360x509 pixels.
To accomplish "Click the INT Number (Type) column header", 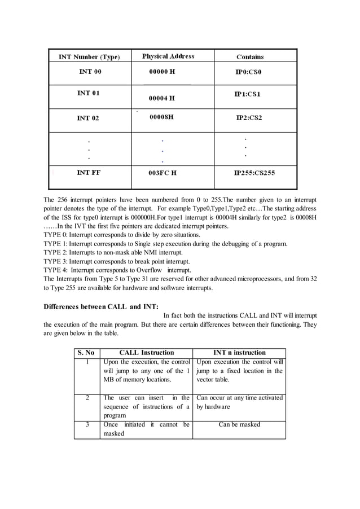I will click(89, 57).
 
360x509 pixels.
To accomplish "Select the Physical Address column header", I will click(168, 56).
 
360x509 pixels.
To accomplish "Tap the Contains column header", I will click(250, 57).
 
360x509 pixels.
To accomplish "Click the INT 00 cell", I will click(90, 72).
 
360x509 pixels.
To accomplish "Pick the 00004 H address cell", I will click(161, 98).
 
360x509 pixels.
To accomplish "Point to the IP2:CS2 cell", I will click(249, 118).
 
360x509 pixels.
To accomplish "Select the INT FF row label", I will click(89, 173).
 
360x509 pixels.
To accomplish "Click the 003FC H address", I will click(163, 173).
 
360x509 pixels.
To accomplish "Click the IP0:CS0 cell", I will click(249, 73).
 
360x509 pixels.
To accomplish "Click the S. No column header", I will click(87, 353).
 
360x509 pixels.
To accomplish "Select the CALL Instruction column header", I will click(147, 353).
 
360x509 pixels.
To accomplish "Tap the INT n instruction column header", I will click(239, 353).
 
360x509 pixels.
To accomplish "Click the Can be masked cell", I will click(239, 424).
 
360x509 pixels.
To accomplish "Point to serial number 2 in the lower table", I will click(87, 398).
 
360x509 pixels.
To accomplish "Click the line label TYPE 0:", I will click(55, 234).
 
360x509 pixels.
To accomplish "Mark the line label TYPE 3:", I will click(55, 262).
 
